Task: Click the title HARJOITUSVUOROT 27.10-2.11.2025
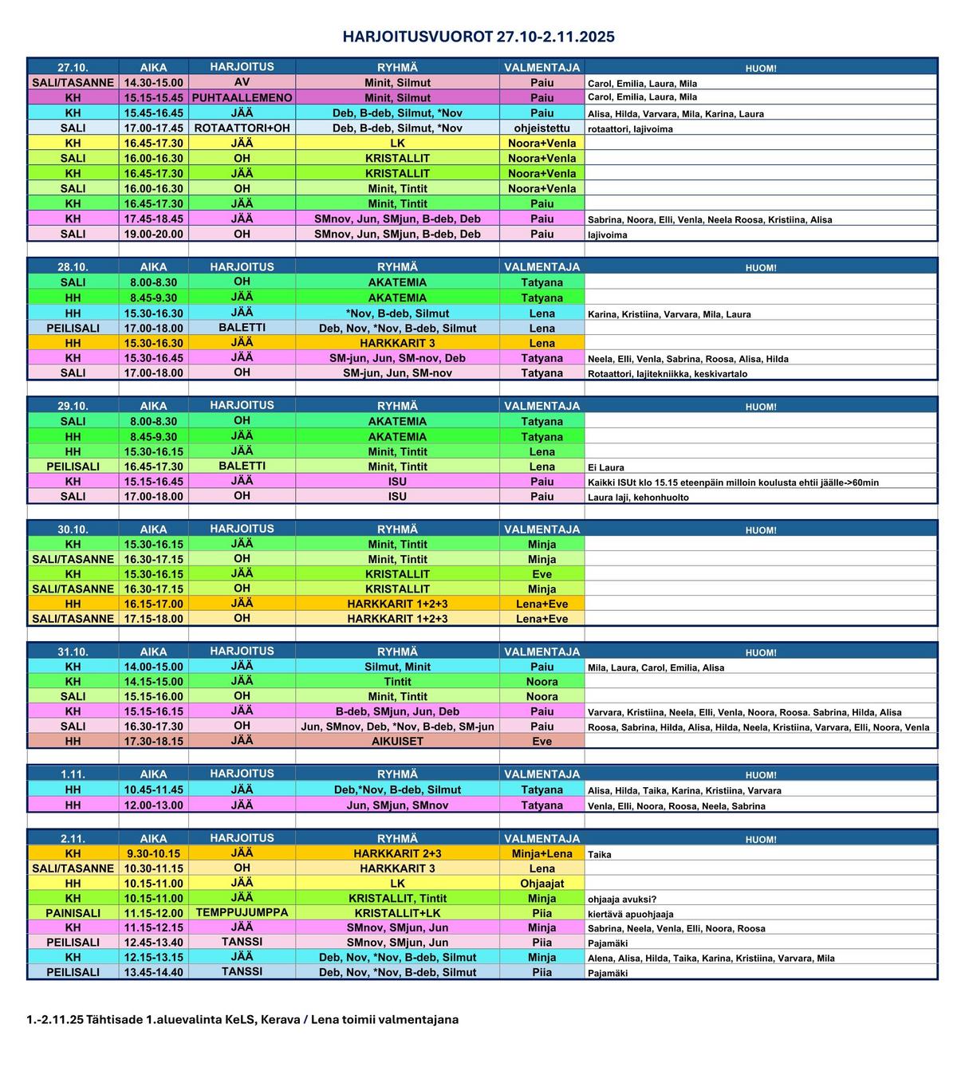click(x=478, y=37)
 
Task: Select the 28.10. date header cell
click(x=73, y=267)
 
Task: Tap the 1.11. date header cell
click(x=73, y=774)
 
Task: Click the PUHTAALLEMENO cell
click(x=242, y=97)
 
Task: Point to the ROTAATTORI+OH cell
click(x=242, y=128)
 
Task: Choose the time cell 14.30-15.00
click(x=153, y=83)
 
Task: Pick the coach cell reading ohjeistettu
click(x=542, y=128)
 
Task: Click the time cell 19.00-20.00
click(x=153, y=234)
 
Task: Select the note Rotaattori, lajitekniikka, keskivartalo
click(x=668, y=373)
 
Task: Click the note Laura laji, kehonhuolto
click(x=638, y=497)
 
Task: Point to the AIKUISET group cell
click(x=397, y=741)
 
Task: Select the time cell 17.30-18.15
click(x=153, y=741)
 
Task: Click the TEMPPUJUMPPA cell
click(x=242, y=912)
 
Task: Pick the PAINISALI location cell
click(x=73, y=913)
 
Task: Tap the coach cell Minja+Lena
click(x=542, y=853)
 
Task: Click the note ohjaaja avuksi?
click(x=622, y=899)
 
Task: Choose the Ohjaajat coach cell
click(x=542, y=884)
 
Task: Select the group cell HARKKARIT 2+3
click(x=397, y=853)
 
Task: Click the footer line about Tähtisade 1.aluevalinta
click(x=242, y=1019)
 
